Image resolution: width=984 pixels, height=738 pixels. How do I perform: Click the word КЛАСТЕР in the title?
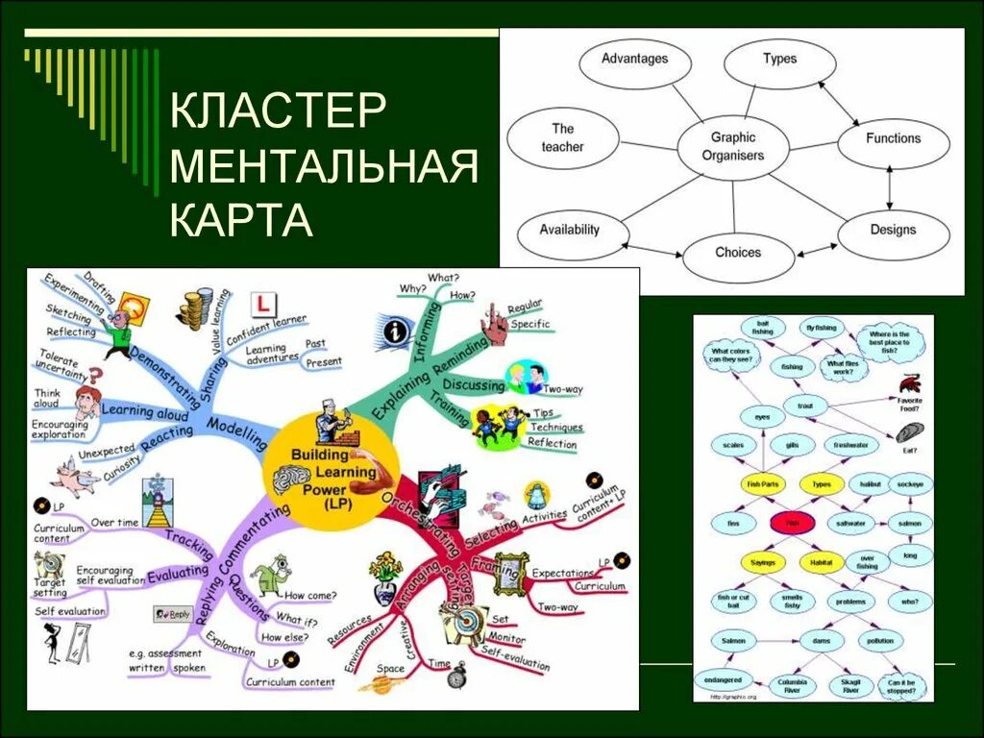[279, 112]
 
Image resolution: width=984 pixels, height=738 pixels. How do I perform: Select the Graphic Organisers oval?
[732, 146]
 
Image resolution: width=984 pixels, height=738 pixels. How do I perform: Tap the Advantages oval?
[634, 60]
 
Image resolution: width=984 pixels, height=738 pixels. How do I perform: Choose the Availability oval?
[569, 231]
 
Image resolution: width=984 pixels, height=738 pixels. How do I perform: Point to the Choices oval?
[738, 254]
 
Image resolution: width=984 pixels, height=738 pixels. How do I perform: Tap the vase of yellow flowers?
[386, 577]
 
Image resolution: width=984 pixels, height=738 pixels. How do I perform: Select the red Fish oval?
[792, 524]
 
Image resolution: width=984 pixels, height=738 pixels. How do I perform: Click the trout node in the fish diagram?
[804, 406]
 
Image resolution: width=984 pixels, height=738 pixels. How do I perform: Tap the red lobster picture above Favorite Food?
[909, 381]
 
